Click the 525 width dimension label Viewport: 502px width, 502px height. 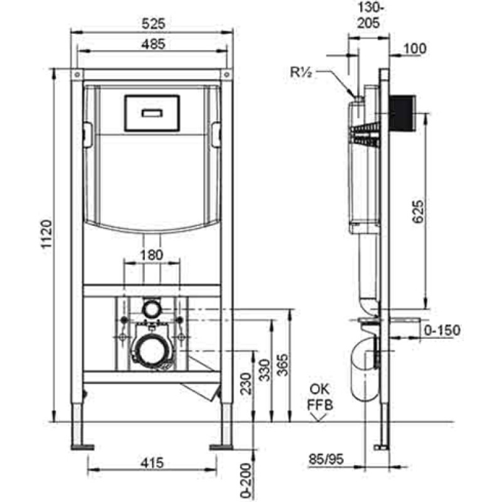point(153,24)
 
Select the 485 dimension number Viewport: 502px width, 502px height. point(153,44)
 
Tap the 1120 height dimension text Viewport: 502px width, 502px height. point(46,234)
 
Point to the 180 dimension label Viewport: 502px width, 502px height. point(151,255)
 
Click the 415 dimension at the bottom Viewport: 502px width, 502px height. point(152,462)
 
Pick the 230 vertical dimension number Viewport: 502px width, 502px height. point(246,383)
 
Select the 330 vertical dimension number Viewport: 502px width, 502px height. point(264,370)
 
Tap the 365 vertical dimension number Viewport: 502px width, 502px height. point(282,365)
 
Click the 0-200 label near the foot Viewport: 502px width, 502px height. point(246,481)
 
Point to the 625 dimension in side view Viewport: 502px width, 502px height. point(418,211)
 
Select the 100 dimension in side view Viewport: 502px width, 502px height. point(415,49)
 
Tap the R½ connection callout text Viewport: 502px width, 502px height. point(301,72)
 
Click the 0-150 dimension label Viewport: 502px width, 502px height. point(442,330)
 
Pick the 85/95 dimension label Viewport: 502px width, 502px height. point(326,459)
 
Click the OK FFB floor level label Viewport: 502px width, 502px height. point(320,397)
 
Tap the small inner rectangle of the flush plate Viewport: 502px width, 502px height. point(152,113)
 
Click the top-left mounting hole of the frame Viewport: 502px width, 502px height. point(77,75)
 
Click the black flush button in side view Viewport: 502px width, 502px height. point(402,114)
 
